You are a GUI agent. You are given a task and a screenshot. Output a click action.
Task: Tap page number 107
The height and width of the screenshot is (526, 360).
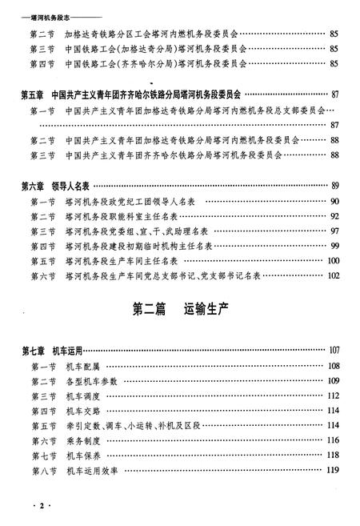[334, 351]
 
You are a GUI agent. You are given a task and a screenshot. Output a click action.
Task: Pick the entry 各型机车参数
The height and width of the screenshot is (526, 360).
[93, 381]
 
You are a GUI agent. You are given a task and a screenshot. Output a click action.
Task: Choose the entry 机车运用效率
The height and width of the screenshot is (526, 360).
[93, 472]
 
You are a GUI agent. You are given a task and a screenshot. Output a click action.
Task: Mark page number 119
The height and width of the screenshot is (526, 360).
[334, 472]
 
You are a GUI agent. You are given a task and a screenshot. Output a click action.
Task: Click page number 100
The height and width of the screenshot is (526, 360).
[334, 261]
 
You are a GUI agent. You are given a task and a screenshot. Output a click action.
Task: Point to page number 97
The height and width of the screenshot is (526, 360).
[334, 231]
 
